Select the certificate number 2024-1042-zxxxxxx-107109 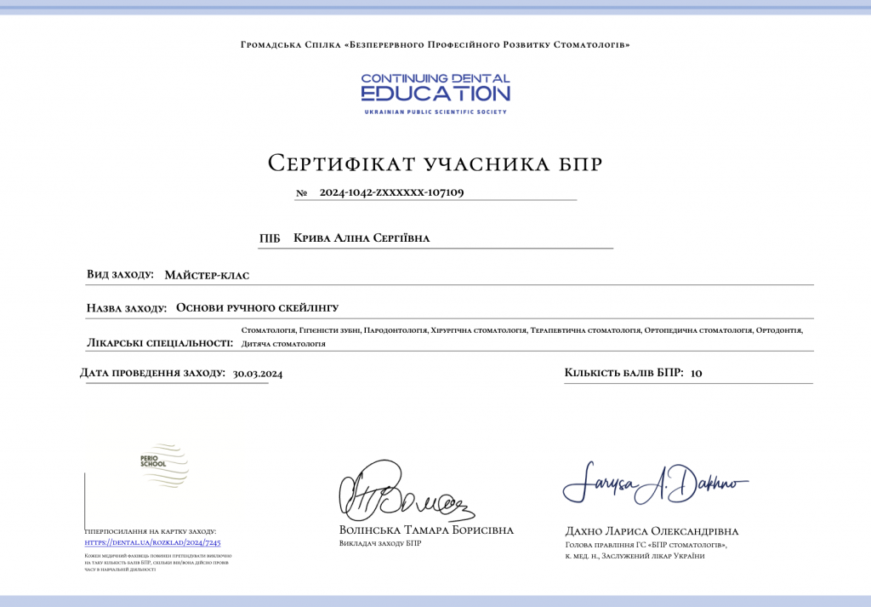pos(391,192)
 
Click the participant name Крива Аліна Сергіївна pos(361,238)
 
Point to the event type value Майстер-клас pos(207,275)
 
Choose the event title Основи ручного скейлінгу pos(263,307)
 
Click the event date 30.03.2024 pos(258,373)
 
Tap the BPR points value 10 pos(697,373)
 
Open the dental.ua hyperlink pos(152,542)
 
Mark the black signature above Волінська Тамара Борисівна pos(405,495)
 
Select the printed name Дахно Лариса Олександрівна pos(652,530)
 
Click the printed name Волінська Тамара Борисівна pos(426,530)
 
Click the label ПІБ pos(270,238)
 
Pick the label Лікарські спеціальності pos(159,343)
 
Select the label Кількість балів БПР pos(623,373)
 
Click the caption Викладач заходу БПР pos(379,544)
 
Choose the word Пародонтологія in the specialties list pos(395,329)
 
